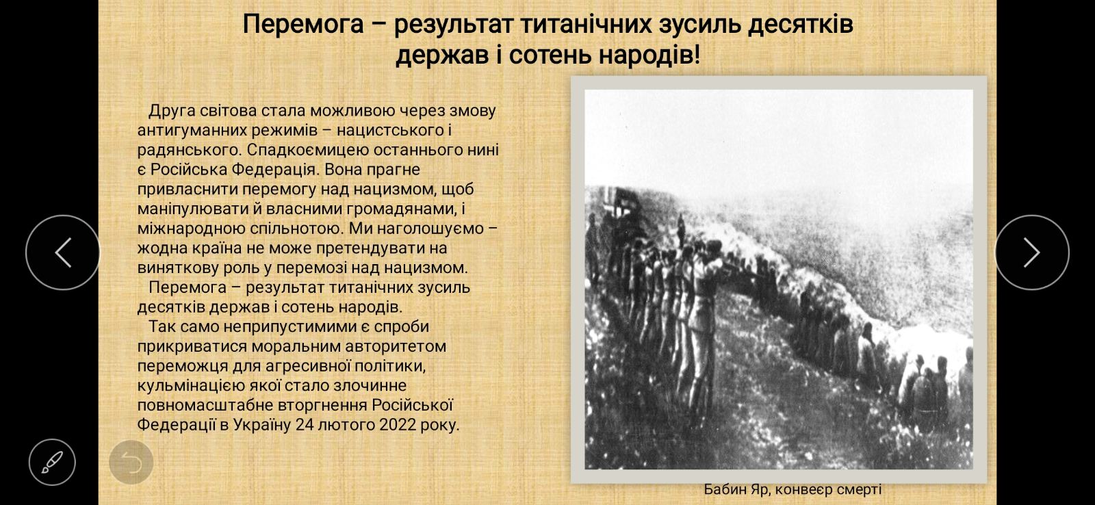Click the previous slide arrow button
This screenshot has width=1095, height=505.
click(62, 252)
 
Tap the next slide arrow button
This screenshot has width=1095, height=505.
click(1032, 252)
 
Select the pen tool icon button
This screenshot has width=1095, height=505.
click(52, 462)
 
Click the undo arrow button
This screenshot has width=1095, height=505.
click(131, 462)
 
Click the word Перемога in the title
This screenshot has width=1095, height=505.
click(303, 25)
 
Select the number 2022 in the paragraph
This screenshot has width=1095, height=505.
click(398, 425)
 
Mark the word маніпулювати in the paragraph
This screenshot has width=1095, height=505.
click(194, 209)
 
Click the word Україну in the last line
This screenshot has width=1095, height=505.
click(262, 425)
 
